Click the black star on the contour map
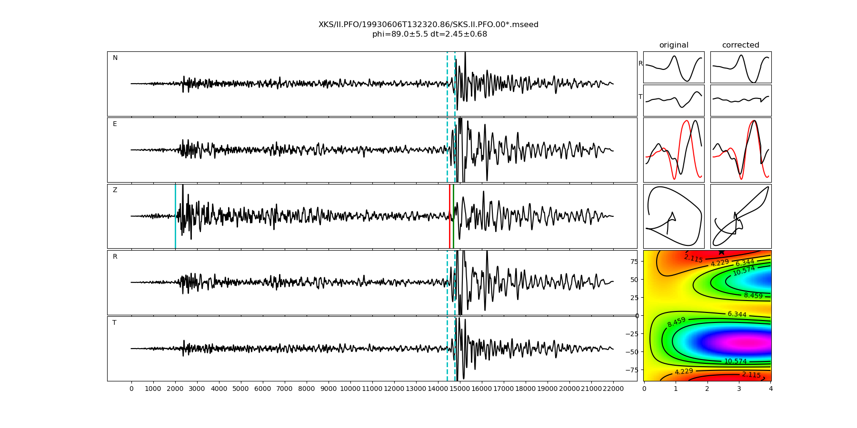click(x=721, y=252)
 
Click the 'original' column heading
click(x=674, y=45)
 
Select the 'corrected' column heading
click(x=740, y=45)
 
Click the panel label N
click(x=115, y=58)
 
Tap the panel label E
click(x=115, y=124)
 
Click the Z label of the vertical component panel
click(x=115, y=190)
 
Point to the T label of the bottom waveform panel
click(x=114, y=323)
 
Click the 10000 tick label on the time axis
click(x=350, y=389)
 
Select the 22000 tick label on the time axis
click(x=613, y=389)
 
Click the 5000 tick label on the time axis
click(x=240, y=389)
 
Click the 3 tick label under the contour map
click(x=739, y=389)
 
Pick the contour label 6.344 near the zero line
click(x=737, y=314)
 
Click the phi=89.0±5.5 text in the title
click(x=401, y=34)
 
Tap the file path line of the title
click(x=428, y=25)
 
